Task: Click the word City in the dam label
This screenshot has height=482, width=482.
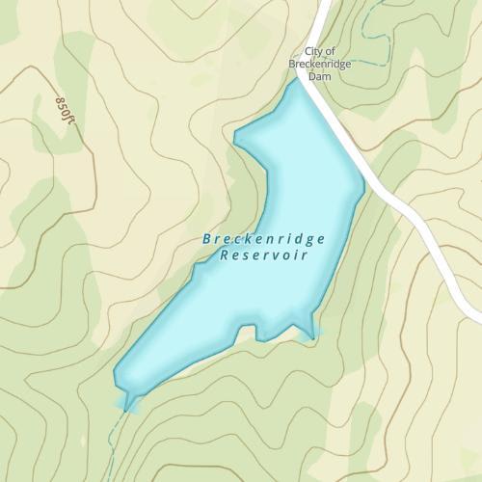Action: pos(312,52)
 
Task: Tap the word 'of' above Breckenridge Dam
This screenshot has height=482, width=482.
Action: pos(330,52)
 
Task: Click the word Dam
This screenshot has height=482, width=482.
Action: pos(319,76)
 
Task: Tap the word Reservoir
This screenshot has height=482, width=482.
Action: pos(264,255)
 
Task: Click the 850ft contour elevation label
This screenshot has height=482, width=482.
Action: pos(64,108)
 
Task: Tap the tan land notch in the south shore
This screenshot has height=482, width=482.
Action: pos(247,333)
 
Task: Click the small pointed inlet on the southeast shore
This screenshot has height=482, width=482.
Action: pos(309,334)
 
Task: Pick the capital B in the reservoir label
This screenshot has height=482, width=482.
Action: pos(207,239)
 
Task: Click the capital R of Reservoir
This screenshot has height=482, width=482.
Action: pos(225,255)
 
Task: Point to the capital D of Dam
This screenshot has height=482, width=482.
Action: pos(310,76)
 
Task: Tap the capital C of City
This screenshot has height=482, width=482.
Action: pos(308,52)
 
